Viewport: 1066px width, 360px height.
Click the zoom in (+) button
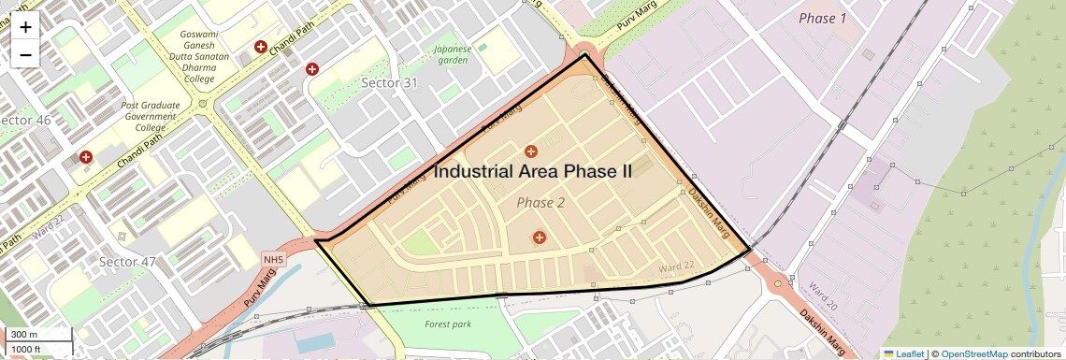click(25, 27)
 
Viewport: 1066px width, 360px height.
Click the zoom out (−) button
click(25, 54)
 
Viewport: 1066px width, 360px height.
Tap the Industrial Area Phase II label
click(533, 172)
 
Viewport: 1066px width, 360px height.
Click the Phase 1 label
click(823, 19)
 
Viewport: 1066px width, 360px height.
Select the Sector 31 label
click(389, 83)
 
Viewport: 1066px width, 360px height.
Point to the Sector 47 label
click(127, 262)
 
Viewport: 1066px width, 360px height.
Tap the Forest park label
click(448, 324)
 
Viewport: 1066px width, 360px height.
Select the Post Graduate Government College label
click(151, 116)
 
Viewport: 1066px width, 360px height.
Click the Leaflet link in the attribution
click(903, 353)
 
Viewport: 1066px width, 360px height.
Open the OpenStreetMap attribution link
click(973, 353)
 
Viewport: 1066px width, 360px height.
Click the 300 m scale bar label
click(23, 335)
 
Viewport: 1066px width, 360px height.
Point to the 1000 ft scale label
click(26, 350)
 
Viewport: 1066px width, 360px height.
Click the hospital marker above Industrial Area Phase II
click(531, 151)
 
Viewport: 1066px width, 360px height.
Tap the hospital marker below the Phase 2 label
click(539, 238)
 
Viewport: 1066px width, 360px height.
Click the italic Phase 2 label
click(540, 203)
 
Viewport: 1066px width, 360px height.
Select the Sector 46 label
click(25, 122)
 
